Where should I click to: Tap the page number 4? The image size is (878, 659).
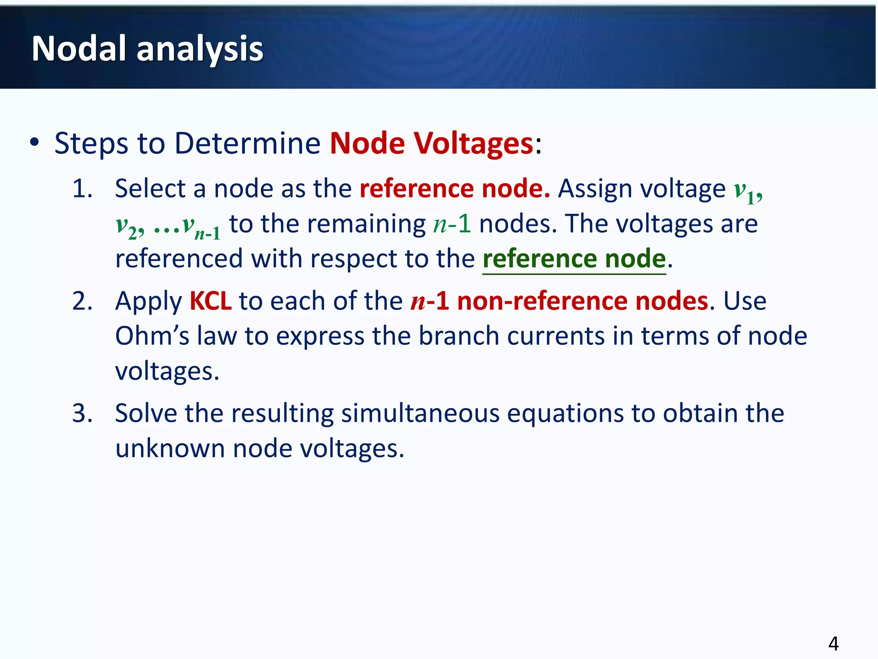point(833,644)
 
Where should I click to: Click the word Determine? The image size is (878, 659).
point(247,143)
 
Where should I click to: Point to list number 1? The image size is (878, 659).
point(82,188)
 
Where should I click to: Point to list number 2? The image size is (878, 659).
point(82,301)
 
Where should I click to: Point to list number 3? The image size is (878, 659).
point(82,413)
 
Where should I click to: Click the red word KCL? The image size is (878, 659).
point(210,301)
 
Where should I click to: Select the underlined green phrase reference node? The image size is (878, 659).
point(574,259)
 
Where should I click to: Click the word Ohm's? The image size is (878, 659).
point(152,336)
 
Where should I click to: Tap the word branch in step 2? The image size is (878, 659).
point(458,336)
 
